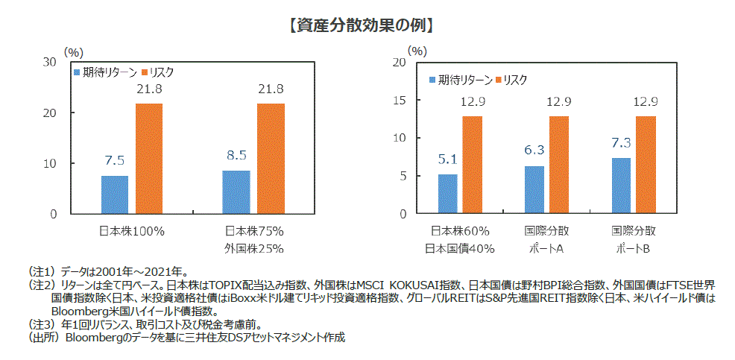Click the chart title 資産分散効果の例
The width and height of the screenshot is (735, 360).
tap(361, 25)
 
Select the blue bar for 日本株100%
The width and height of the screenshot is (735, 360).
tap(114, 195)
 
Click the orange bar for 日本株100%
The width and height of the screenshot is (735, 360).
tap(148, 158)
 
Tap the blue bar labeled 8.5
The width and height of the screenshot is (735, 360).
tap(236, 192)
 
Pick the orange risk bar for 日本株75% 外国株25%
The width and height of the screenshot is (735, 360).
tap(271, 158)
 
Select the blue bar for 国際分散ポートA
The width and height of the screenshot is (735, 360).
tap(534, 189)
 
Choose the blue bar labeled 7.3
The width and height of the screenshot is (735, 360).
tap(621, 186)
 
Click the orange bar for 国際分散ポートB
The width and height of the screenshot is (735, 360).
tap(646, 165)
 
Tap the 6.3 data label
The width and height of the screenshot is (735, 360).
tap(534, 151)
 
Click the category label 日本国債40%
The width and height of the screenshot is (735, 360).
tap(461, 247)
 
